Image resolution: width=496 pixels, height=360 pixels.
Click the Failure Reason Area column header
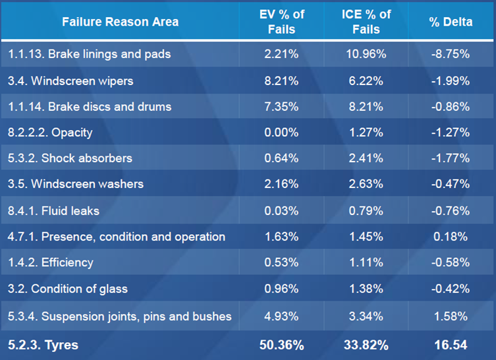120,22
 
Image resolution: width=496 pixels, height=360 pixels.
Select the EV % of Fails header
281,22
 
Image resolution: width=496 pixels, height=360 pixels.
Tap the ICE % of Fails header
366,22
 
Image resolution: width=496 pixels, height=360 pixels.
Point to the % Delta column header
451,22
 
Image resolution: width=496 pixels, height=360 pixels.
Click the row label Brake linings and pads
90,54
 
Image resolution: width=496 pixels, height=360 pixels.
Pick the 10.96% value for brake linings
366,54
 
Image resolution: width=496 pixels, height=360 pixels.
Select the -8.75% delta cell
451,54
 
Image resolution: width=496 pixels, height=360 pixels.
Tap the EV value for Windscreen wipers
281,80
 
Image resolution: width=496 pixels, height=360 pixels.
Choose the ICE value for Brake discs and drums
366,106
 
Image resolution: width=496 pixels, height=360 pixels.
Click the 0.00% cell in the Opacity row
281,132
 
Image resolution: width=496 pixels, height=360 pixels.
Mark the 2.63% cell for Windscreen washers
366,184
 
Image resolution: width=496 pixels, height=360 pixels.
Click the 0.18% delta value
451,236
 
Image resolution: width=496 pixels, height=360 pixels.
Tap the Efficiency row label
51,262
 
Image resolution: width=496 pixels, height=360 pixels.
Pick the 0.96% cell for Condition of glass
281,288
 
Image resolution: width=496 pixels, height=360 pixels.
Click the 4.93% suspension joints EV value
281,316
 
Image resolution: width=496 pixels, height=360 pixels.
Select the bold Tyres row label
44,345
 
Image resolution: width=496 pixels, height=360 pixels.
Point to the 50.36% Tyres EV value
281,345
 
